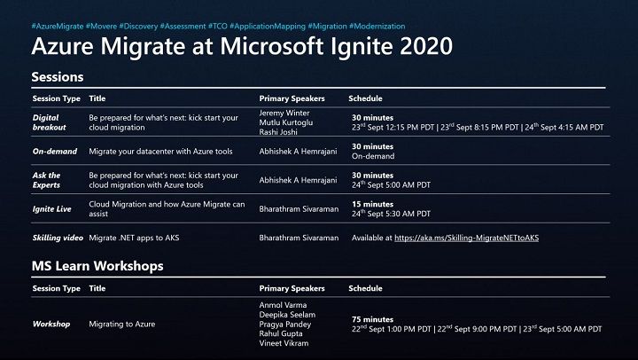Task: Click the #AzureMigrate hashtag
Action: (x=58, y=26)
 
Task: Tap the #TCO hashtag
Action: (x=218, y=26)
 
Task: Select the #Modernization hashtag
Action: (x=377, y=26)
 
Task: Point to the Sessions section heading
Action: (x=58, y=76)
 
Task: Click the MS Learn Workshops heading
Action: (x=97, y=266)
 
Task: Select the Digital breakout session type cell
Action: (x=49, y=122)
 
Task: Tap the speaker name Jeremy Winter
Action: (x=284, y=113)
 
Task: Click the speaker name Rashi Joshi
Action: (x=278, y=132)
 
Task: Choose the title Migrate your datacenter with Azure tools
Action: (x=160, y=151)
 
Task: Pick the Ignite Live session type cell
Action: (x=51, y=209)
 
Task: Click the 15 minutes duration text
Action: (x=372, y=204)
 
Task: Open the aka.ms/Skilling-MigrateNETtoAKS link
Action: (x=467, y=238)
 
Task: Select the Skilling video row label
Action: (x=58, y=238)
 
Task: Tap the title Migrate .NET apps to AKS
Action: (x=134, y=238)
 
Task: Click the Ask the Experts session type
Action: (x=46, y=180)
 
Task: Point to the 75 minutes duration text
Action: (x=372, y=319)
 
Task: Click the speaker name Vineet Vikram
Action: (x=284, y=343)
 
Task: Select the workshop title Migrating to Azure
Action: (x=122, y=325)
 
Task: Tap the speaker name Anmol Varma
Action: (x=283, y=305)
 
